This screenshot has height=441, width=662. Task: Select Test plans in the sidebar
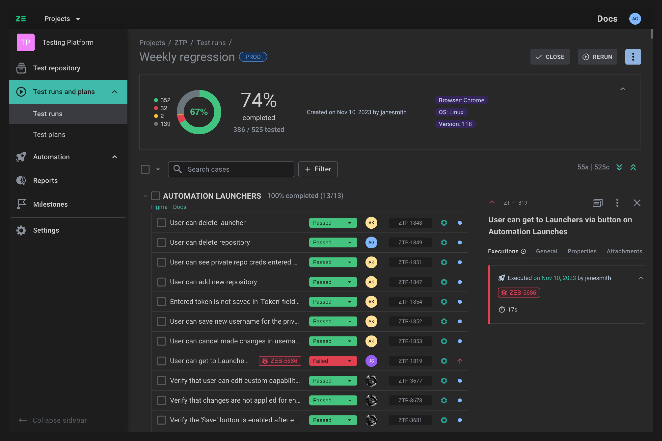click(x=49, y=134)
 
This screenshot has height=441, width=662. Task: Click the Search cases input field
click(x=236, y=169)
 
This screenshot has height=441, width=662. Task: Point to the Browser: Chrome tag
click(x=461, y=100)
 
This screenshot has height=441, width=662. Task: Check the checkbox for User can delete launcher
click(x=161, y=223)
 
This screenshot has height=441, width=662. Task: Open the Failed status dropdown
click(x=333, y=361)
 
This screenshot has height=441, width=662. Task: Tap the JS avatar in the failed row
click(x=371, y=361)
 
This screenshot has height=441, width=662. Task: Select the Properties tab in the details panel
click(x=582, y=251)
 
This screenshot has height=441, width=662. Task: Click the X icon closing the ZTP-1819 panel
click(x=637, y=203)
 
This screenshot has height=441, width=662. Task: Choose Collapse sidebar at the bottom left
click(x=53, y=420)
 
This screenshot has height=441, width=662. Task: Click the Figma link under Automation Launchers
click(x=159, y=207)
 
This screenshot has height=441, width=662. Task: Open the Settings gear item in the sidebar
click(x=46, y=230)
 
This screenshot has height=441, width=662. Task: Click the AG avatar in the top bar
click(x=635, y=19)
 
